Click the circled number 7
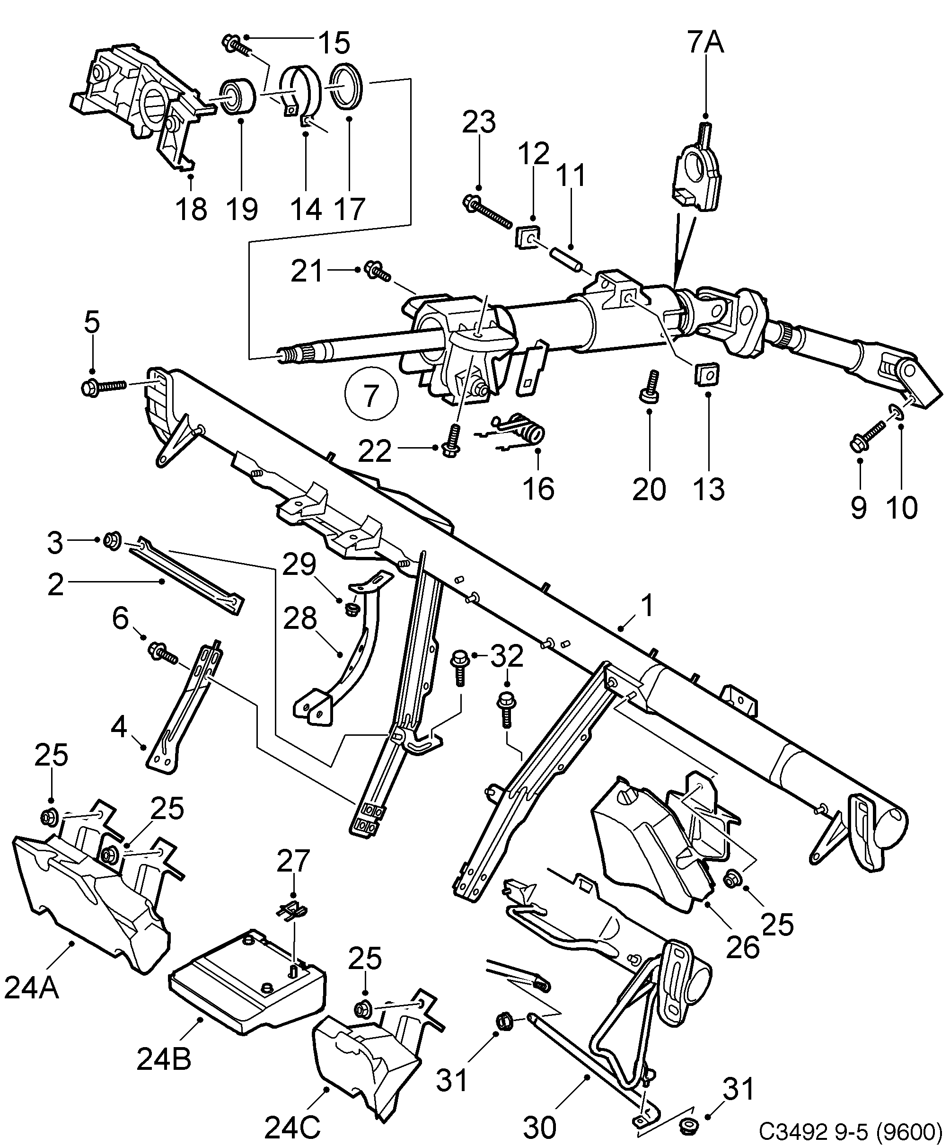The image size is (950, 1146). tap(371, 394)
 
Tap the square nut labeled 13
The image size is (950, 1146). tap(708, 375)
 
